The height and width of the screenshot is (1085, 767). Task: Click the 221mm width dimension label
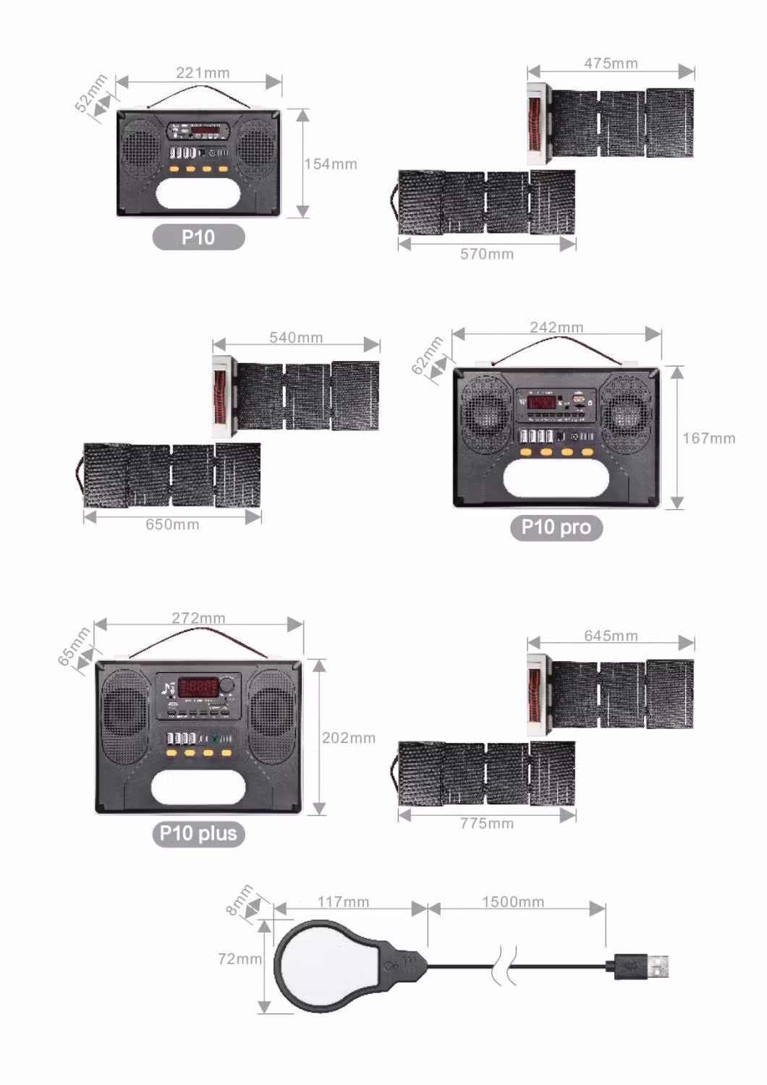(203, 73)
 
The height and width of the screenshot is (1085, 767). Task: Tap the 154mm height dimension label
(331, 164)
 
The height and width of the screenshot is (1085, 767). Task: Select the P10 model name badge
(198, 237)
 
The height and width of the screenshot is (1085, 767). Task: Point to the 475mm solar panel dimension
(611, 64)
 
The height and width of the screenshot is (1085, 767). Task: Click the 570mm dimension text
(487, 254)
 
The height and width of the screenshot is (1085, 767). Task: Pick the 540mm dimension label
(296, 338)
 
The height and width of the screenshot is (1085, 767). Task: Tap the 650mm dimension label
(172, 524)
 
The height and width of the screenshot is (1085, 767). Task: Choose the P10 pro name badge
(556, 527)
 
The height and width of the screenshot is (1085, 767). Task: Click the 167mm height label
(708, 438)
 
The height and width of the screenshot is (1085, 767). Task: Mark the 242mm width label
(556, 328)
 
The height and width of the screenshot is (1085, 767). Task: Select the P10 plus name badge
(198, 833)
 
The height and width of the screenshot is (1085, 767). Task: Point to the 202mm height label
(349, 738)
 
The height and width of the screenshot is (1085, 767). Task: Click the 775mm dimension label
(487, 823)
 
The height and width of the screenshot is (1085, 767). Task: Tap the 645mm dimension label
(611, 636)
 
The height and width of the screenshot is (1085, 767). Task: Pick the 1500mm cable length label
(513, 902)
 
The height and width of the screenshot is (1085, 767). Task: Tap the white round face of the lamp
(324, 966)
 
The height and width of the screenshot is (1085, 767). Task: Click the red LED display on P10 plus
(198, 686)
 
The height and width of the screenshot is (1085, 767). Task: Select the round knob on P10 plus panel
(228, 685)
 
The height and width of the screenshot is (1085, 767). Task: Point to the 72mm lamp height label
(240, 958)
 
